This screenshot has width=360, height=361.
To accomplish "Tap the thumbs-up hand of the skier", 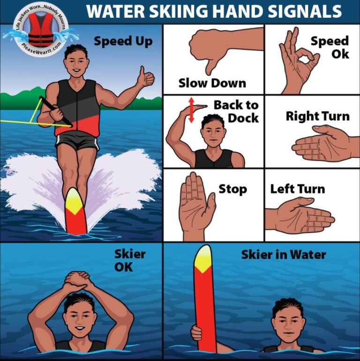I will click(146, 78).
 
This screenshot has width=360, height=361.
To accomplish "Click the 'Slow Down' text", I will click(212, 83).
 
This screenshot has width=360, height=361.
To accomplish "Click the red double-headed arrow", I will click(191, 110).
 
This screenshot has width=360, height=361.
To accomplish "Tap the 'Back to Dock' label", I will click(236, 111).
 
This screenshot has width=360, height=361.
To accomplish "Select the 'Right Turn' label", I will click(317, 116).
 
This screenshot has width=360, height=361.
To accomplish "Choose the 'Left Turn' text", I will click(297, 189).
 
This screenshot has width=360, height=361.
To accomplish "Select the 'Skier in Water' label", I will click(283, 255).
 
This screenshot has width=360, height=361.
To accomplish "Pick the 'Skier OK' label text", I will click(130, 260).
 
